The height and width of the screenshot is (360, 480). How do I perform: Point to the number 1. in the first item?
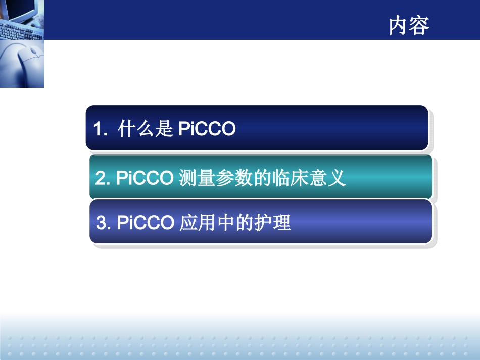point(101,130)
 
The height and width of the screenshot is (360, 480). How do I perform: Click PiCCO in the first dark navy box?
point(207,130)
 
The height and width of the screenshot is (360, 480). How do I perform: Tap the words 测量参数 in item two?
point(212,178)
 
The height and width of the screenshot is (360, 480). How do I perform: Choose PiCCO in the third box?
point(146,223)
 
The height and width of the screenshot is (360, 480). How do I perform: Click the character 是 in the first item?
point(164,130)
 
